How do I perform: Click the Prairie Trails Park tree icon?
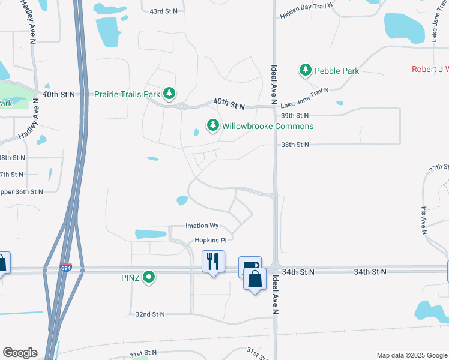[170, 94]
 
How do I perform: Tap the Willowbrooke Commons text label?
[268, 126]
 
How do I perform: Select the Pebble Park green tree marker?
[306, 70]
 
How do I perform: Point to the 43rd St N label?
[164, 11]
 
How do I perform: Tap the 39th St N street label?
[295, 115]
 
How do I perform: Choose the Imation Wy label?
[202, 226]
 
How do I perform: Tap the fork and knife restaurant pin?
[213, 262]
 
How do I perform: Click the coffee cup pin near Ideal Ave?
[249, 265]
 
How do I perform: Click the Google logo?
[20, 353]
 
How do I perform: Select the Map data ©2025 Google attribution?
[412, 355]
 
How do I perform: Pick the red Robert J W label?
[430, 70]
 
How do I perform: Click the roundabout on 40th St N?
[181, 107]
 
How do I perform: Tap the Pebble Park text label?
[337, 71]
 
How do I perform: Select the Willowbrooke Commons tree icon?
[212, 125]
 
